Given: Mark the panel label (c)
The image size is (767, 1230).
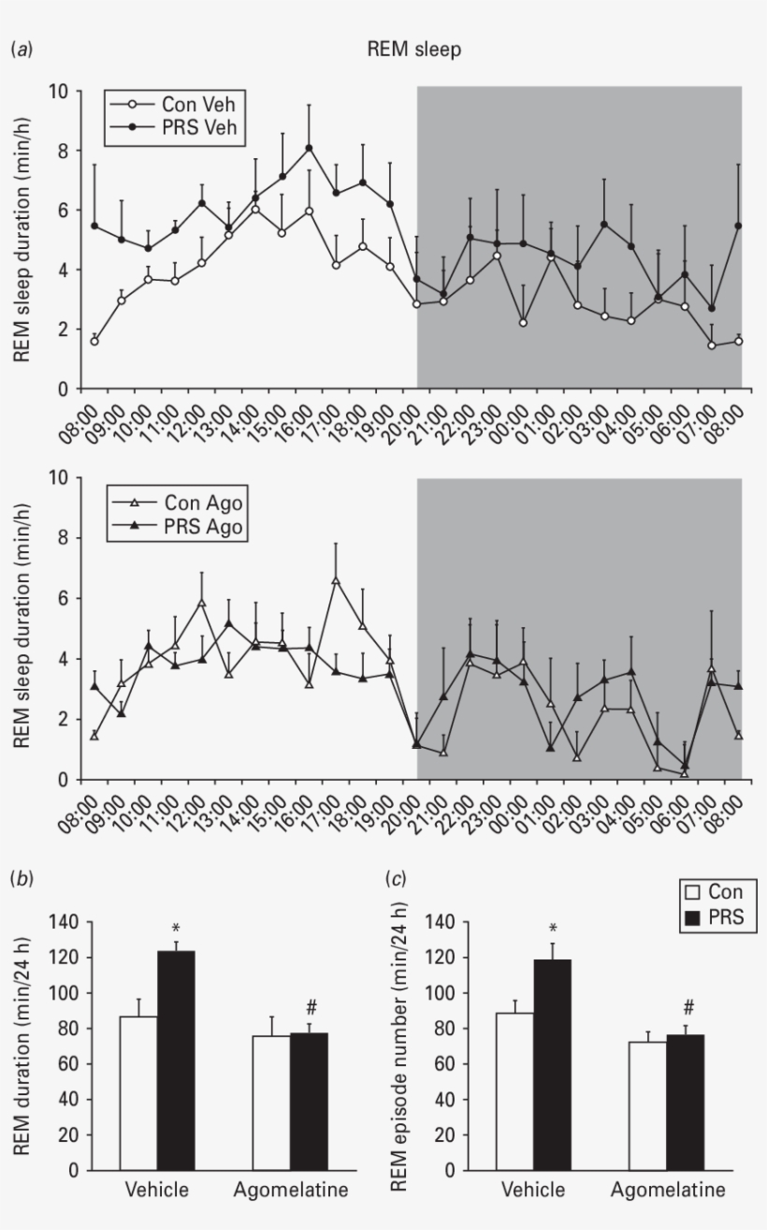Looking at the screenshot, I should click(397, 879).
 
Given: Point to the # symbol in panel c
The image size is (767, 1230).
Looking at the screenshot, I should click(688, 1008).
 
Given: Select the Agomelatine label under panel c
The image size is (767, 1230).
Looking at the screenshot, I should click(667, 1191).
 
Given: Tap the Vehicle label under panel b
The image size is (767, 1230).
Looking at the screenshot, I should click(157, 1191).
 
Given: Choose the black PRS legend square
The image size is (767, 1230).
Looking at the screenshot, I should click(692, 918).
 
